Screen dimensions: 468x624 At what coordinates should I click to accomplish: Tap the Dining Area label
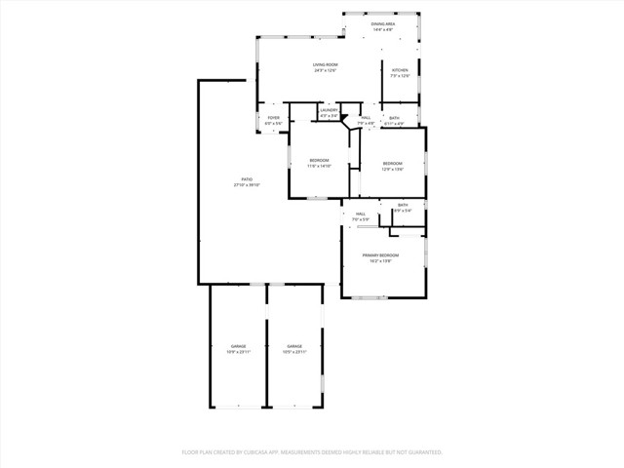(382, 24)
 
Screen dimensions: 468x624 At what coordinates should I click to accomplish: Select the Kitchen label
(400, 70)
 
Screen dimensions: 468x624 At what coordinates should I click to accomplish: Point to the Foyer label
(274, 118)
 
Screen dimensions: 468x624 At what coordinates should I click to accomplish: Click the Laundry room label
(330, 110)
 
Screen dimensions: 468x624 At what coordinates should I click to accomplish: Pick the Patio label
(248, 179)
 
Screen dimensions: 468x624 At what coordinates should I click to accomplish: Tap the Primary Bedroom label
(383, 255)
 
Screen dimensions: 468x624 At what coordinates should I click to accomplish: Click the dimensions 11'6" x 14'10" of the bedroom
(320, 167)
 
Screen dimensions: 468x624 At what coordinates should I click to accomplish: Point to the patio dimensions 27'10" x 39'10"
(248, 185)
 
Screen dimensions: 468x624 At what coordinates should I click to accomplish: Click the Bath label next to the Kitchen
(394, 118)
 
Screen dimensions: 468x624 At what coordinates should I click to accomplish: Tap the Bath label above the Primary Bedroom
(403, 206)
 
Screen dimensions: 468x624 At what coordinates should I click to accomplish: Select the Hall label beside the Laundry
(366, 118)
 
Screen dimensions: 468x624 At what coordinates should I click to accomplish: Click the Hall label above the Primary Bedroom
(360, 214)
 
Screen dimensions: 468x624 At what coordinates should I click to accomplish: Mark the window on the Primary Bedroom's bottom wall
(370, 297)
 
